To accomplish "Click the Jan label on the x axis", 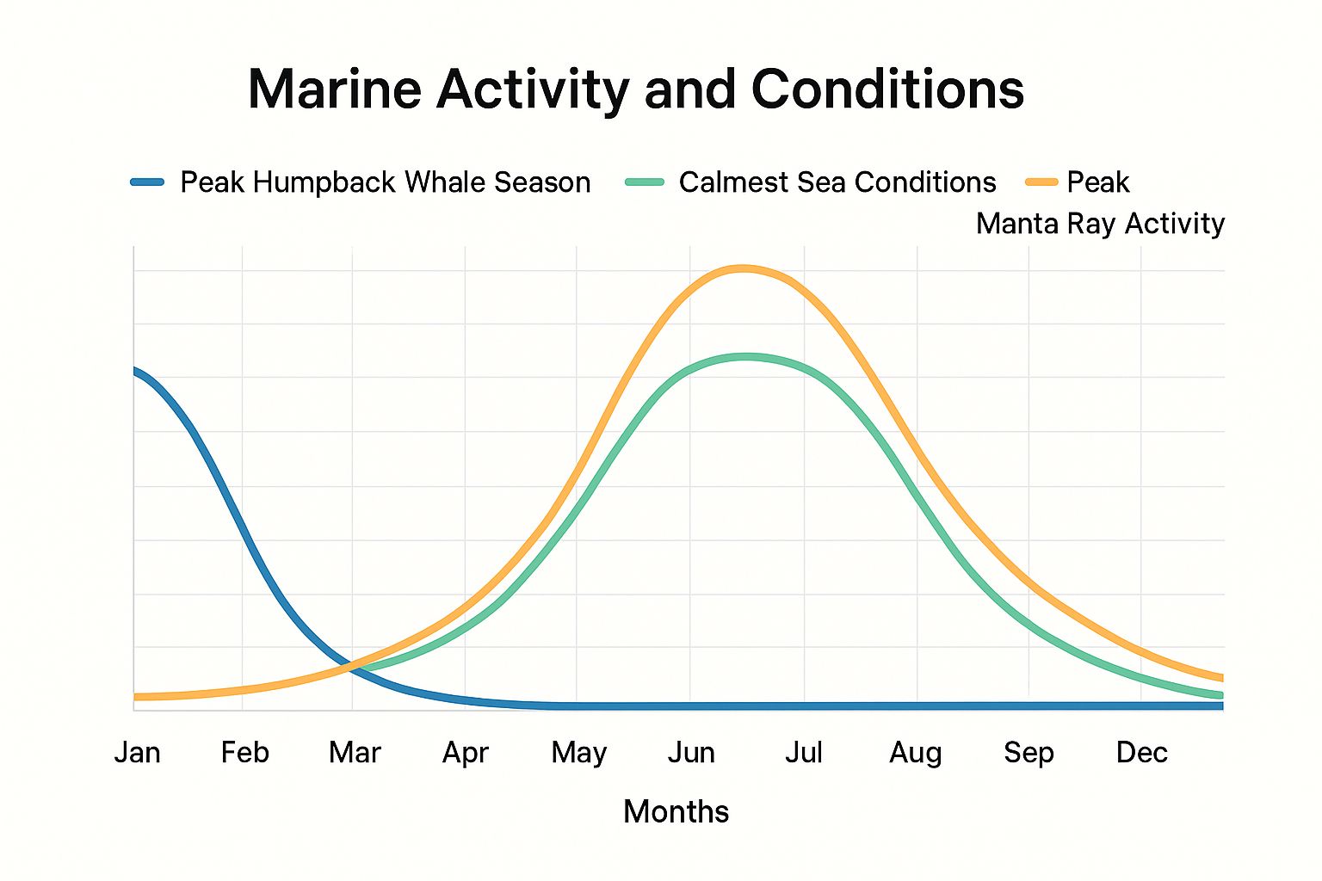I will [x=138, y=753].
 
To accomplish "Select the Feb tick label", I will [x=244, y=753].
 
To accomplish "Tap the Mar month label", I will [x=355, y=753].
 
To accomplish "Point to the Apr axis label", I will [x=466, y=753].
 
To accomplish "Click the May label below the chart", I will [x=578, y=753].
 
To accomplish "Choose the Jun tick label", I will [x=691, y=753].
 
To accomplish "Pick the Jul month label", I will [x=804, y=753].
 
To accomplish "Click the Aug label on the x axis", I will [x=916, y=753].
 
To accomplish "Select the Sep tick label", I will [x=1029, y=753].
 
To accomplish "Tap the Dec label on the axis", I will [x=1141, y=753].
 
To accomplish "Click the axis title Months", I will [x=676, y=811].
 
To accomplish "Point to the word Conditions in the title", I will [x=887, y=89].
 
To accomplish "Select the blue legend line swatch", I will [x=147, y=182].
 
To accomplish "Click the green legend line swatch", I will [x=645, y=182].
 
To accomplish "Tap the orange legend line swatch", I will [x=1041, y=182].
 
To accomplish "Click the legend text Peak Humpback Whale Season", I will [x=385, y=182].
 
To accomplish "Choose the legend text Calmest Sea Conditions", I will [x=837, y=182].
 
